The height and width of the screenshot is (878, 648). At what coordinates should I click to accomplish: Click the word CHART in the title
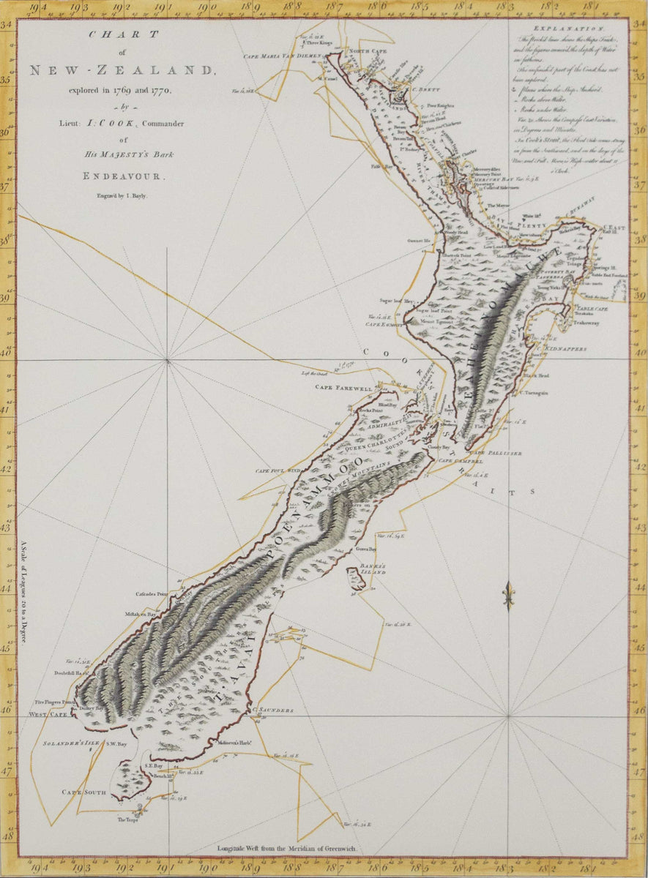click(x=123, y=34)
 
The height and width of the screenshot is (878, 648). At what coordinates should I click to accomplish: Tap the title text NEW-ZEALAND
click(x=123, y=70)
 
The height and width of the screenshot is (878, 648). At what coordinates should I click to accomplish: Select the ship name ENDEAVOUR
click(x=123, y=176)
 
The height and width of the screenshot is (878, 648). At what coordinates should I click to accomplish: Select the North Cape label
click(x=366, y=50)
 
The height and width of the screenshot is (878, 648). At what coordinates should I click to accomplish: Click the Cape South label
click(x=83, y=792)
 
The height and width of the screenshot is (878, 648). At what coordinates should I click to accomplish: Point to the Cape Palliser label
click(x=501, y=454)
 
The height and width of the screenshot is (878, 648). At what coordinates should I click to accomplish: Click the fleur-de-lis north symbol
click(x=507, y=595)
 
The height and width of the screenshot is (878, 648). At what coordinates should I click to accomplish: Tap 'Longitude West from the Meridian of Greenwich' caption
click(x=286, y=849)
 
